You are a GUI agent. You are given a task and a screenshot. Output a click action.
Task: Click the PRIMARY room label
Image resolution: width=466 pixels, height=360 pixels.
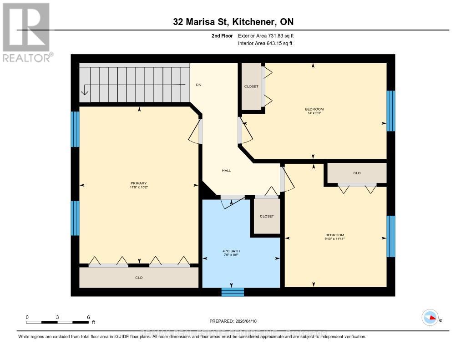[139, 183]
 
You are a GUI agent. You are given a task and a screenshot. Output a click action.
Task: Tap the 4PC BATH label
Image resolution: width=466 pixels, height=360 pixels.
[231, 251]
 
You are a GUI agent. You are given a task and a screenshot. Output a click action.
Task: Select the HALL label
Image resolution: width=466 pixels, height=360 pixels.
[226, 171]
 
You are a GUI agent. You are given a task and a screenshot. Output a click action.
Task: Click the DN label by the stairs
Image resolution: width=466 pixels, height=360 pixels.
[198, 85]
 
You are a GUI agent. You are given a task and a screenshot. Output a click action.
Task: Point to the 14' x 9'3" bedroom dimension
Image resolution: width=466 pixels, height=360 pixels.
[314, 113]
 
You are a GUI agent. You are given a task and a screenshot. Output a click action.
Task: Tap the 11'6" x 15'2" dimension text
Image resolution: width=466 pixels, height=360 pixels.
[139, 187]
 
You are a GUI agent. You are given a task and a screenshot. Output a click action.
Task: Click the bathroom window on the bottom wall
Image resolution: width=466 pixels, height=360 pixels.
[233, 292]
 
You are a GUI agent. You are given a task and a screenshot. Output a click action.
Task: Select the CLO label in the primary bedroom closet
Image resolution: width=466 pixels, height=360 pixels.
[139, 278]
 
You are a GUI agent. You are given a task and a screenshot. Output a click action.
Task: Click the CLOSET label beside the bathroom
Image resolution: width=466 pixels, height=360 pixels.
[267, 216]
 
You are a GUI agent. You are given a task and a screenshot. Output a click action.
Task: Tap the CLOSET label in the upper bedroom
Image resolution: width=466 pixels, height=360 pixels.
[251, 86]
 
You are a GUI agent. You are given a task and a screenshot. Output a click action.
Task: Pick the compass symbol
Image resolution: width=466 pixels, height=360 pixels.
[430, 318]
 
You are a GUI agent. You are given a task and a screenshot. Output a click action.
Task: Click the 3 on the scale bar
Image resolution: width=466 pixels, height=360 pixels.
[58, 317]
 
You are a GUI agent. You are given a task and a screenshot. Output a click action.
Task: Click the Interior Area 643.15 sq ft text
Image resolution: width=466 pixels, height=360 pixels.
[265, 43]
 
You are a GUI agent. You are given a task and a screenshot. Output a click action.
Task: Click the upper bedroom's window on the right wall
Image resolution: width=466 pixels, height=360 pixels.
[390, 111]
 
